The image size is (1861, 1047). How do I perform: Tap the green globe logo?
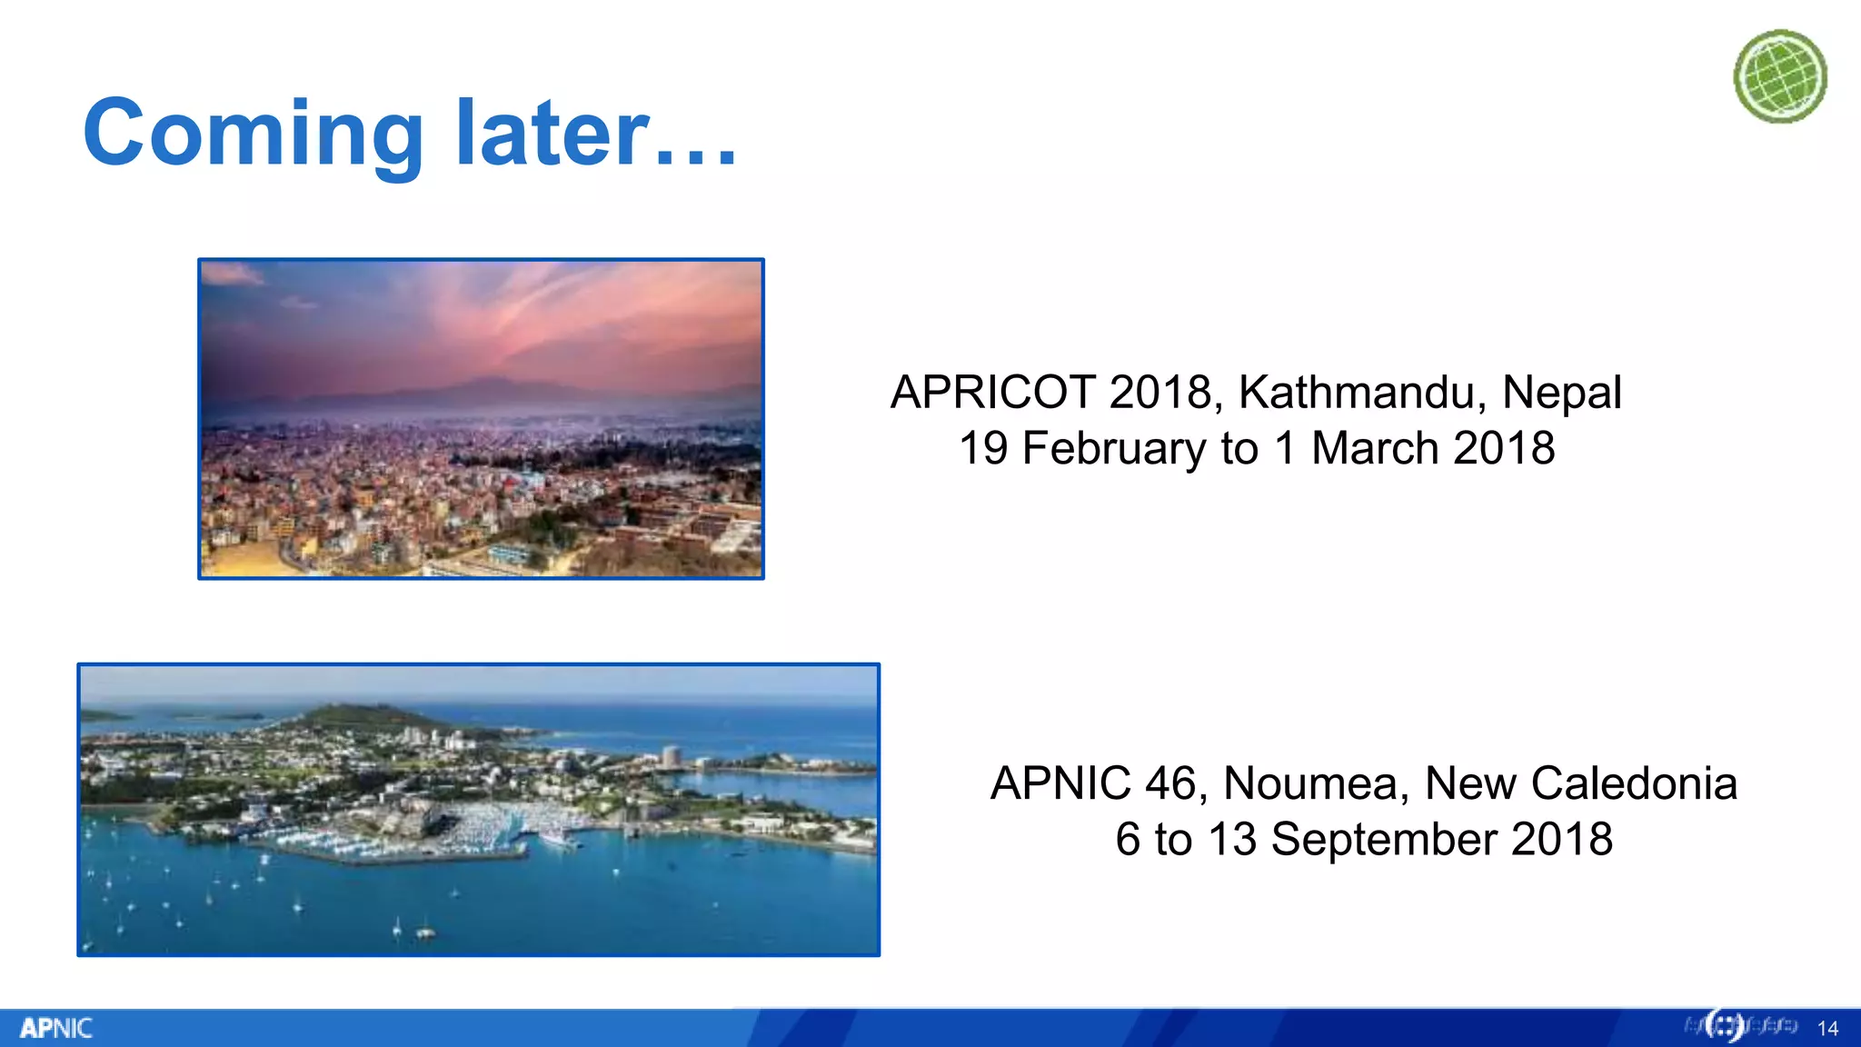[x=1780, y=76]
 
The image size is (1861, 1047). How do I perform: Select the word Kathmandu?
[x=1362, y=393]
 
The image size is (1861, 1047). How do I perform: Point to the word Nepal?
[x=1561, y=393]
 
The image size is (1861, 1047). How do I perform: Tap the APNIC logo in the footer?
[x=56, y=1028]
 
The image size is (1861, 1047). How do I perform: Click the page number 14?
[x=1827, y=1029]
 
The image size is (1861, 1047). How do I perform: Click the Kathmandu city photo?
[x=481, y=419]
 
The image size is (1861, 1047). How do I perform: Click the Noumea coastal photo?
[x=478, y=810]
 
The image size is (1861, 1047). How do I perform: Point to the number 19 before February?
[x=983, y=449]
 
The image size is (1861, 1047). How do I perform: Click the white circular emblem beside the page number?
[x=1724, y=1026]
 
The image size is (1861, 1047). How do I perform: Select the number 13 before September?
[x=1231, y=839]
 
